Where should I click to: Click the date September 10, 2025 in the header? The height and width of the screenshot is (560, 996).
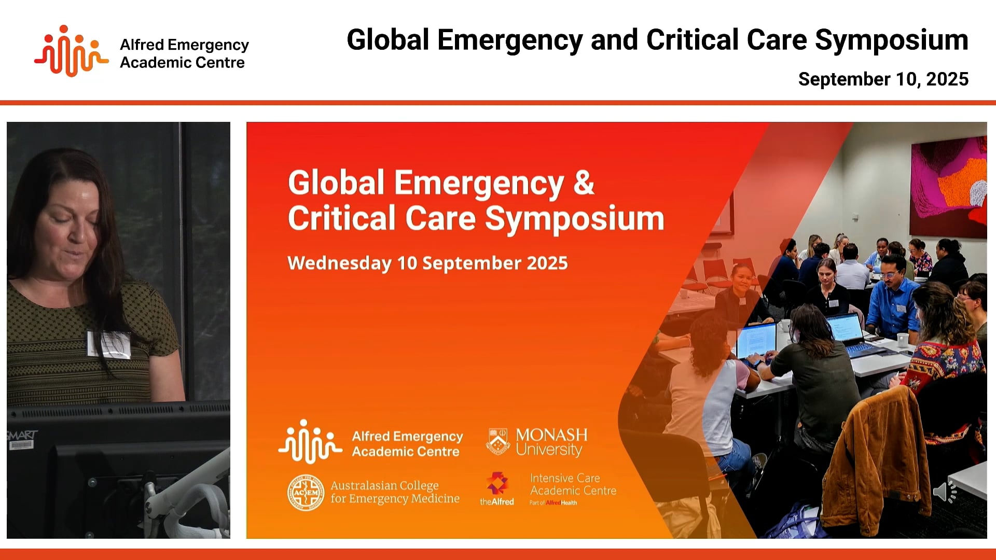883,79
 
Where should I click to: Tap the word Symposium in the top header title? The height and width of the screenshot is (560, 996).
891,40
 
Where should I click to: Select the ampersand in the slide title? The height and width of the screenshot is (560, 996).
584,183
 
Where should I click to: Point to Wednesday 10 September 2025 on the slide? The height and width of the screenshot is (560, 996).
427,263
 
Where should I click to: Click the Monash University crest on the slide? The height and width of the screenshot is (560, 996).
498,442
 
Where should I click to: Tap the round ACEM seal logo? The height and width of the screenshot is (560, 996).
306,492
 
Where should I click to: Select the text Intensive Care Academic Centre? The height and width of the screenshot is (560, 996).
573,484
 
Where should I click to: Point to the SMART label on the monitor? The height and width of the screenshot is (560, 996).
22,435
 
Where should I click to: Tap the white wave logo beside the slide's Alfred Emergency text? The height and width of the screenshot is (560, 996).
310,442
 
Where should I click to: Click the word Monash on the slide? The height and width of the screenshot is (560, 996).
551,435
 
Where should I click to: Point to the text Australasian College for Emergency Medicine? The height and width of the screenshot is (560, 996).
395,492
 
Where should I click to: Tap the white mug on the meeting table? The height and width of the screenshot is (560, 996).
903,340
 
